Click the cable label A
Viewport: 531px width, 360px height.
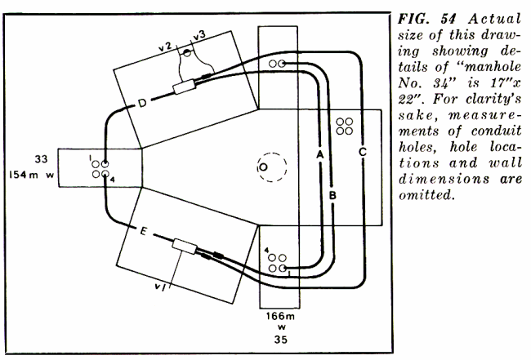(x=319, y=154)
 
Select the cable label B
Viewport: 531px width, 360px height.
(x=332, y=195)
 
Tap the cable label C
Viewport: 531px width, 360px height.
(x=363, y=153)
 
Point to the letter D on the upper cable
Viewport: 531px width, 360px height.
(x=143, y=103)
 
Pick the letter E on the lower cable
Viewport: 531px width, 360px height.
(x=144, y=232)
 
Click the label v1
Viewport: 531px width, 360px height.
(x=160, y=287)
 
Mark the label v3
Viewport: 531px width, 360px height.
(x=199, y=35)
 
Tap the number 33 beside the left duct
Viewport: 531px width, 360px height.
(x=42, y=159)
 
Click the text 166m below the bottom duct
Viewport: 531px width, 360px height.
(x=280, y=317)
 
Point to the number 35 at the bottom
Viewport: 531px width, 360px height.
(x=281, y=340)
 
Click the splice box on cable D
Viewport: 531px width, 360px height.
(x=185, y=87)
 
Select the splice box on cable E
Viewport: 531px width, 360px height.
(x=185, y=246)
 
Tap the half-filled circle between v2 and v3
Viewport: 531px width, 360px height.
(x=187, y=52)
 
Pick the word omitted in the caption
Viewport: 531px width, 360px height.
(x=426, y=195)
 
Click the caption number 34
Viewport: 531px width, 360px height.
(x=443, y=83)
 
